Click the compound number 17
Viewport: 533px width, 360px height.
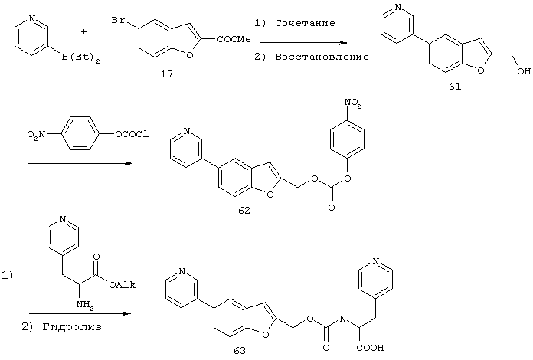[x=167, y=74]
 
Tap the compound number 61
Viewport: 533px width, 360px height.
[x=455, y=87]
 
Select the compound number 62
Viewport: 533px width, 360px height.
[x=244, y=211]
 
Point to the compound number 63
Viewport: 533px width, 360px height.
[x=240, y=351]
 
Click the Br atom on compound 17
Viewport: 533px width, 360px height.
[x=118, y=21]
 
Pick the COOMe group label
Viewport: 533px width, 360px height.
[x=234, y=39]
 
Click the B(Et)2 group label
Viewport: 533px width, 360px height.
[x=80, y=57]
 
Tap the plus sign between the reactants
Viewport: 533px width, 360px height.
[x=83, y=32]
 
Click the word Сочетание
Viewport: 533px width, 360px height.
[x=305, y=23]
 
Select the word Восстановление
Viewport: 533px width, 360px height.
[x=322, y=57]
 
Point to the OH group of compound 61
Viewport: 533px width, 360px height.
[x=524, y=70]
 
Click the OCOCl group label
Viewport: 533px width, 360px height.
[x=132, y=134]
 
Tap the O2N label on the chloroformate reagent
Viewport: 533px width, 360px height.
[x=36, y=135]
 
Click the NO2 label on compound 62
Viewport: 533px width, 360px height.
[x=352, y=103]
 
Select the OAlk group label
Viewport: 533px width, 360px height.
[x=122, y=285]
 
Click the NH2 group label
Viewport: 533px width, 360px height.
[x=85, y=305]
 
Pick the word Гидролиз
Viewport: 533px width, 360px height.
[x=72, y=327]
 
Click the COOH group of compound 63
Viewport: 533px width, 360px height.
[x=370, y=348]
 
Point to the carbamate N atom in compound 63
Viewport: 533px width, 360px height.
[x=342, y=319]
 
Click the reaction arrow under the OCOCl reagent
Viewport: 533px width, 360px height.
[x=80, y=163]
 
